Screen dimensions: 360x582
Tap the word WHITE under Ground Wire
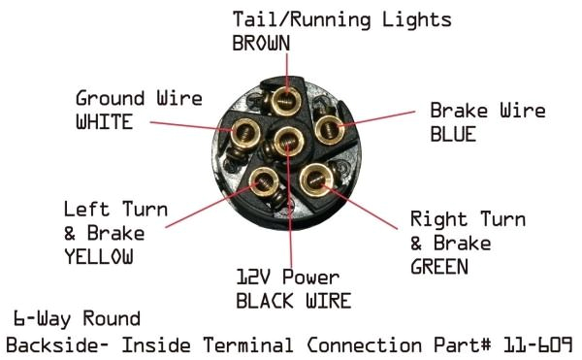click(x=104, y=122)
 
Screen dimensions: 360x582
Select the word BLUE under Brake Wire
click(x=453, y=135)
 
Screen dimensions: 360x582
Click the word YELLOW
click(x=97, y=257)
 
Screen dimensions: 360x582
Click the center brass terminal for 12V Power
click(x=287, y=143)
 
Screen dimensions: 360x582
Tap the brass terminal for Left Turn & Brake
click(x=266, y=180)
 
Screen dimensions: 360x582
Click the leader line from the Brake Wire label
click(x=383, y=118)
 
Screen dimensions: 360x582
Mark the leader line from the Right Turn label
click(x=369, y=202)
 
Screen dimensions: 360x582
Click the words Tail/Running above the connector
click(x=292, y=20)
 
